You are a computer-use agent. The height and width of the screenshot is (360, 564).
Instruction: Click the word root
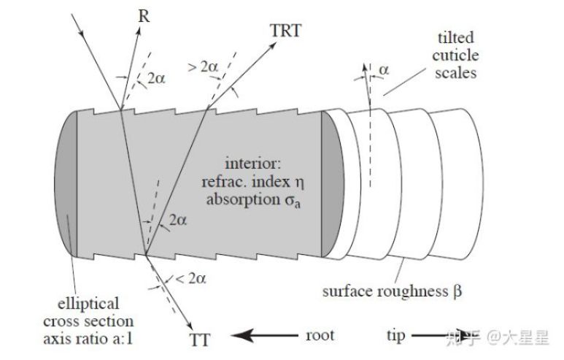coord(319,336)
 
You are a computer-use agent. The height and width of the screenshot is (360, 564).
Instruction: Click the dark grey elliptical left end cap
coord(65,185)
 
